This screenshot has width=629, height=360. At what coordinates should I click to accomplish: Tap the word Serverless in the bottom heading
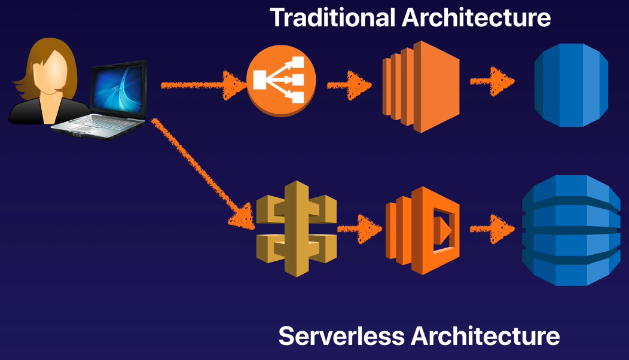pos(343,336)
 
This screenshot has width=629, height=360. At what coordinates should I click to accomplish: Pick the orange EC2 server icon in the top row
pos(421,86)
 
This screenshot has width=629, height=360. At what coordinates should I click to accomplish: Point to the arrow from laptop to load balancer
pos(203,86)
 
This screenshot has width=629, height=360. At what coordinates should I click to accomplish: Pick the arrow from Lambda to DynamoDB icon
pos(491,228)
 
